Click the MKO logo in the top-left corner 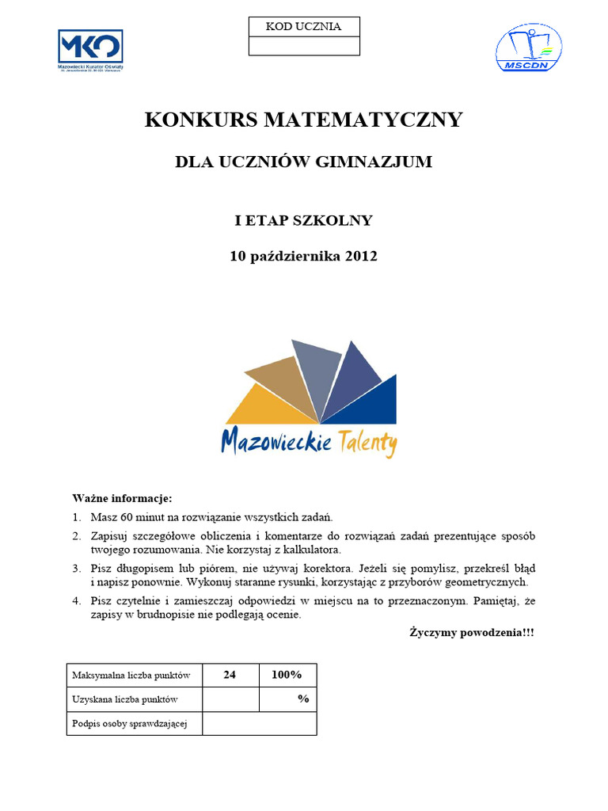90,49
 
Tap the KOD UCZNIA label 304,27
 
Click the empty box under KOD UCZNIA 304,46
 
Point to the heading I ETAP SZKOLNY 303,220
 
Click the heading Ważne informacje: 122,498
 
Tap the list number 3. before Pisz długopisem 77,569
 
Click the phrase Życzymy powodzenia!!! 472,632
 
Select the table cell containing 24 230,676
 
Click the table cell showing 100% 287,676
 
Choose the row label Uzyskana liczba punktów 125,699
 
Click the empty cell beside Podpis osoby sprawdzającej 259,723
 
